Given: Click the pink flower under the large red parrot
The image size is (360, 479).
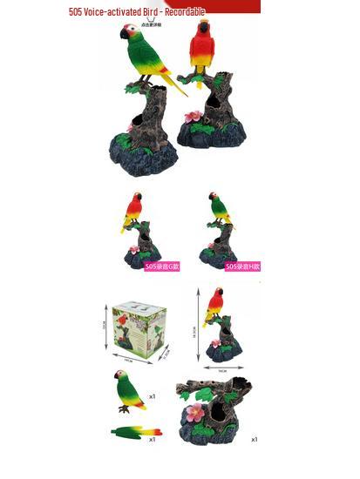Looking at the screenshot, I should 194,115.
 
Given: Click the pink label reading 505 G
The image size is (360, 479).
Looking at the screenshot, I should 162,266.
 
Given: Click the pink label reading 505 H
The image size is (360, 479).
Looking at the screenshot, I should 242,266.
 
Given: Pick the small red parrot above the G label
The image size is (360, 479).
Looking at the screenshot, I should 133,210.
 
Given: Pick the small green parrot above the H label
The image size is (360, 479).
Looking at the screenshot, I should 219,210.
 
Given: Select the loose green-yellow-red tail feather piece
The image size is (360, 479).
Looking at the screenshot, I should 136,432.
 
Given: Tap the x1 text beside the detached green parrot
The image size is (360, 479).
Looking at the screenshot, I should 153,396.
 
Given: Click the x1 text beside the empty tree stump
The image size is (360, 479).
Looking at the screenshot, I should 254,439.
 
